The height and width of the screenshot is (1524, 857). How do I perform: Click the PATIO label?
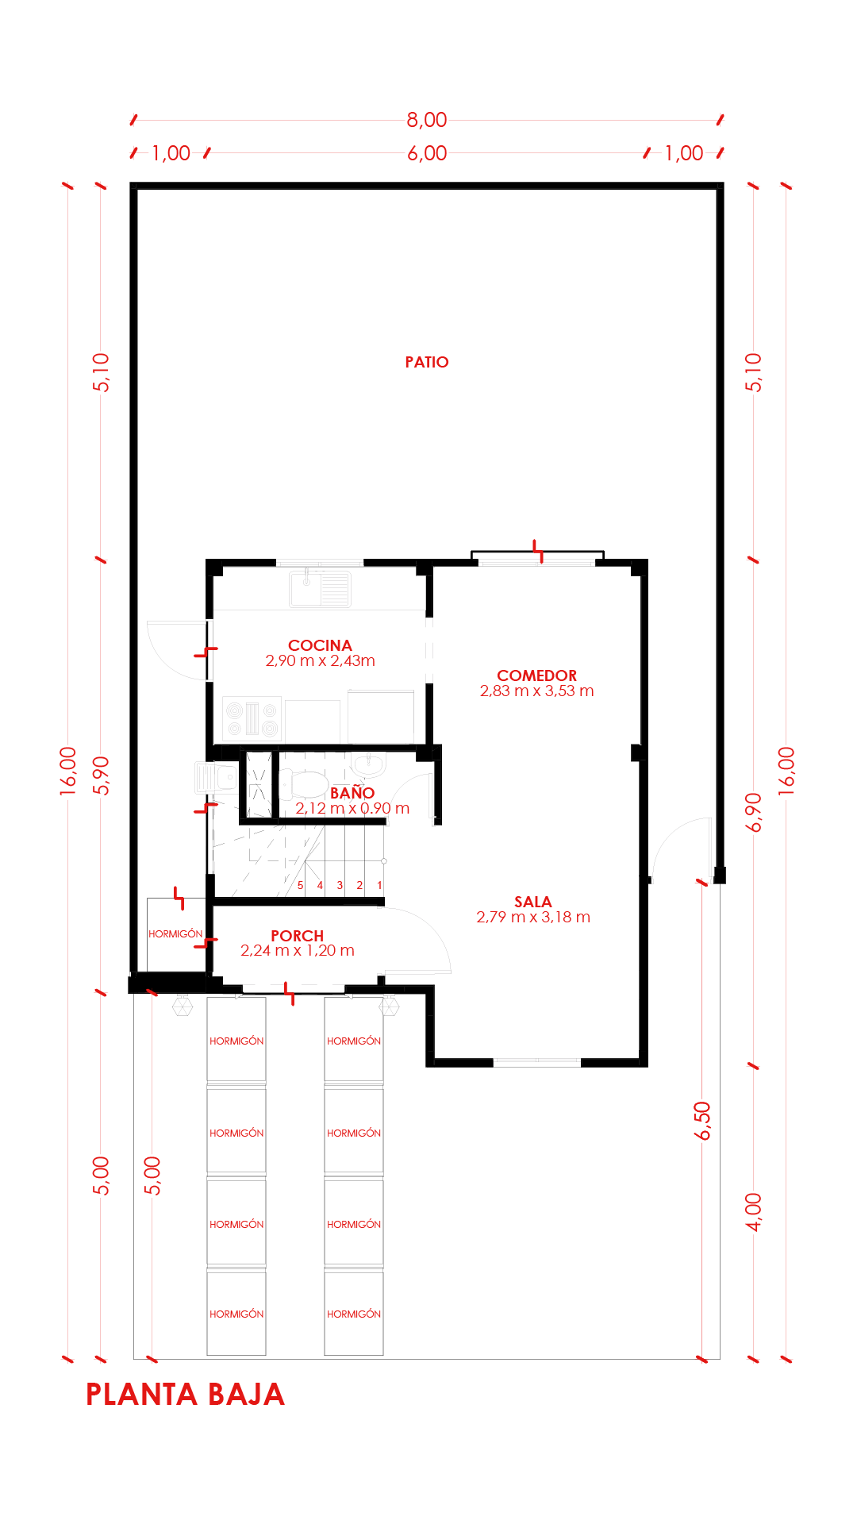point(427,362)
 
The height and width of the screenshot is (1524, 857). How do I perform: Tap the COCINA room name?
point(320,645)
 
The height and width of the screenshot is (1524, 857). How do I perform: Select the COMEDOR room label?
point(537,675)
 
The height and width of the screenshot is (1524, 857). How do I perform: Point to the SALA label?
point(533,902)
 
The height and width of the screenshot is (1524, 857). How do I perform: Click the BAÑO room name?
point(352,793)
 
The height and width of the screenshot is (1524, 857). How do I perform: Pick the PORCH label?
point(298,936)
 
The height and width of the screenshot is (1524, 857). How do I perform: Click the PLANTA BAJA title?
point(185,1395)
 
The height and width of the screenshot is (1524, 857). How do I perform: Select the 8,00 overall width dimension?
point(427,120)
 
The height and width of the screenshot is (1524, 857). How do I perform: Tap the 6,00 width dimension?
point(427,153)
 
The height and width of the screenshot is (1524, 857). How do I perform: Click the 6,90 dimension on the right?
point(754,812)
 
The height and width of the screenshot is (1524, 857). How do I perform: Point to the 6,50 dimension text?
point(702,1121)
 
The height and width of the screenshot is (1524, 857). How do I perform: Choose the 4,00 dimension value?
point(754,1212)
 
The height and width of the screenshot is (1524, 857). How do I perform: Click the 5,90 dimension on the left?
point(101,775)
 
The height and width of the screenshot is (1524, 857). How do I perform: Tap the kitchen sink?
point(320,588)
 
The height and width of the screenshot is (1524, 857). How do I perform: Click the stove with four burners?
point(252,718)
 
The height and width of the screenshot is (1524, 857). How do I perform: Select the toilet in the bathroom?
point(303,784)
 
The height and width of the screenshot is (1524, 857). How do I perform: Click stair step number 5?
point(300,885)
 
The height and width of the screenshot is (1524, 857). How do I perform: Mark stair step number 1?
point(379,885)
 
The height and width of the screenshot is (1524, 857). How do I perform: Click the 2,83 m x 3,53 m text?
point(537,691)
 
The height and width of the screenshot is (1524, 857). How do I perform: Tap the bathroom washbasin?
point(368,764)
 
